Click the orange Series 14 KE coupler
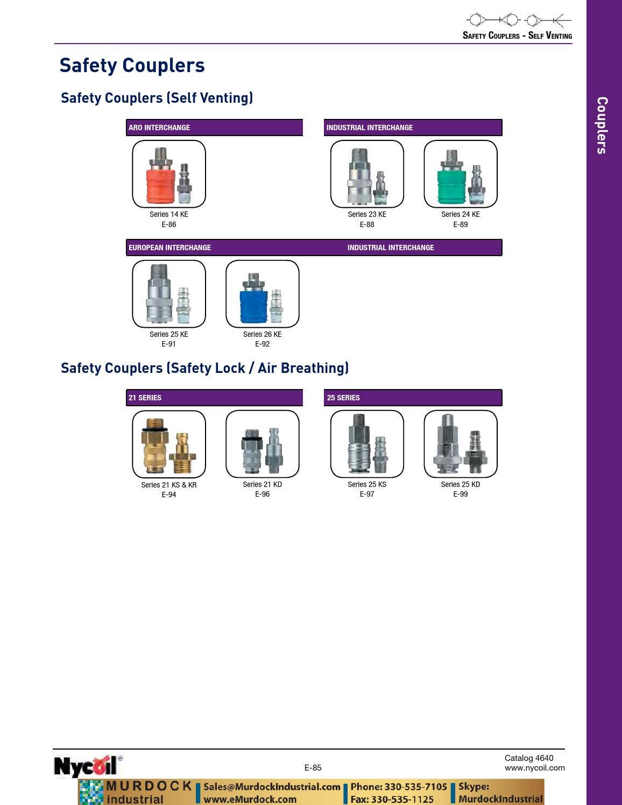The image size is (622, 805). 161,176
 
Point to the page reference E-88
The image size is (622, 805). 367,224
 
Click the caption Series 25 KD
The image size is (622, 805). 460,484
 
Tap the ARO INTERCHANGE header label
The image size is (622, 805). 159,128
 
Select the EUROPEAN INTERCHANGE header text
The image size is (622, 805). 169,248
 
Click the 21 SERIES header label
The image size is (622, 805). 145,398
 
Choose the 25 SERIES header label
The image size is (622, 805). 343,398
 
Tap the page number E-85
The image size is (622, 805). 313,767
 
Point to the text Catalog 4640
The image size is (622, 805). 528,758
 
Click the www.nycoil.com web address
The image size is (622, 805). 535,767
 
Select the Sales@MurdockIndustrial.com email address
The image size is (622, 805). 272,787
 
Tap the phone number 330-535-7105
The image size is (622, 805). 416,787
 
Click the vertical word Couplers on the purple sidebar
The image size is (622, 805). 603,125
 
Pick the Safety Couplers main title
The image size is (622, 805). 132,66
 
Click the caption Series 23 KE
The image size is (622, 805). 367,214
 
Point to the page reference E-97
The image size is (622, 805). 367,494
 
